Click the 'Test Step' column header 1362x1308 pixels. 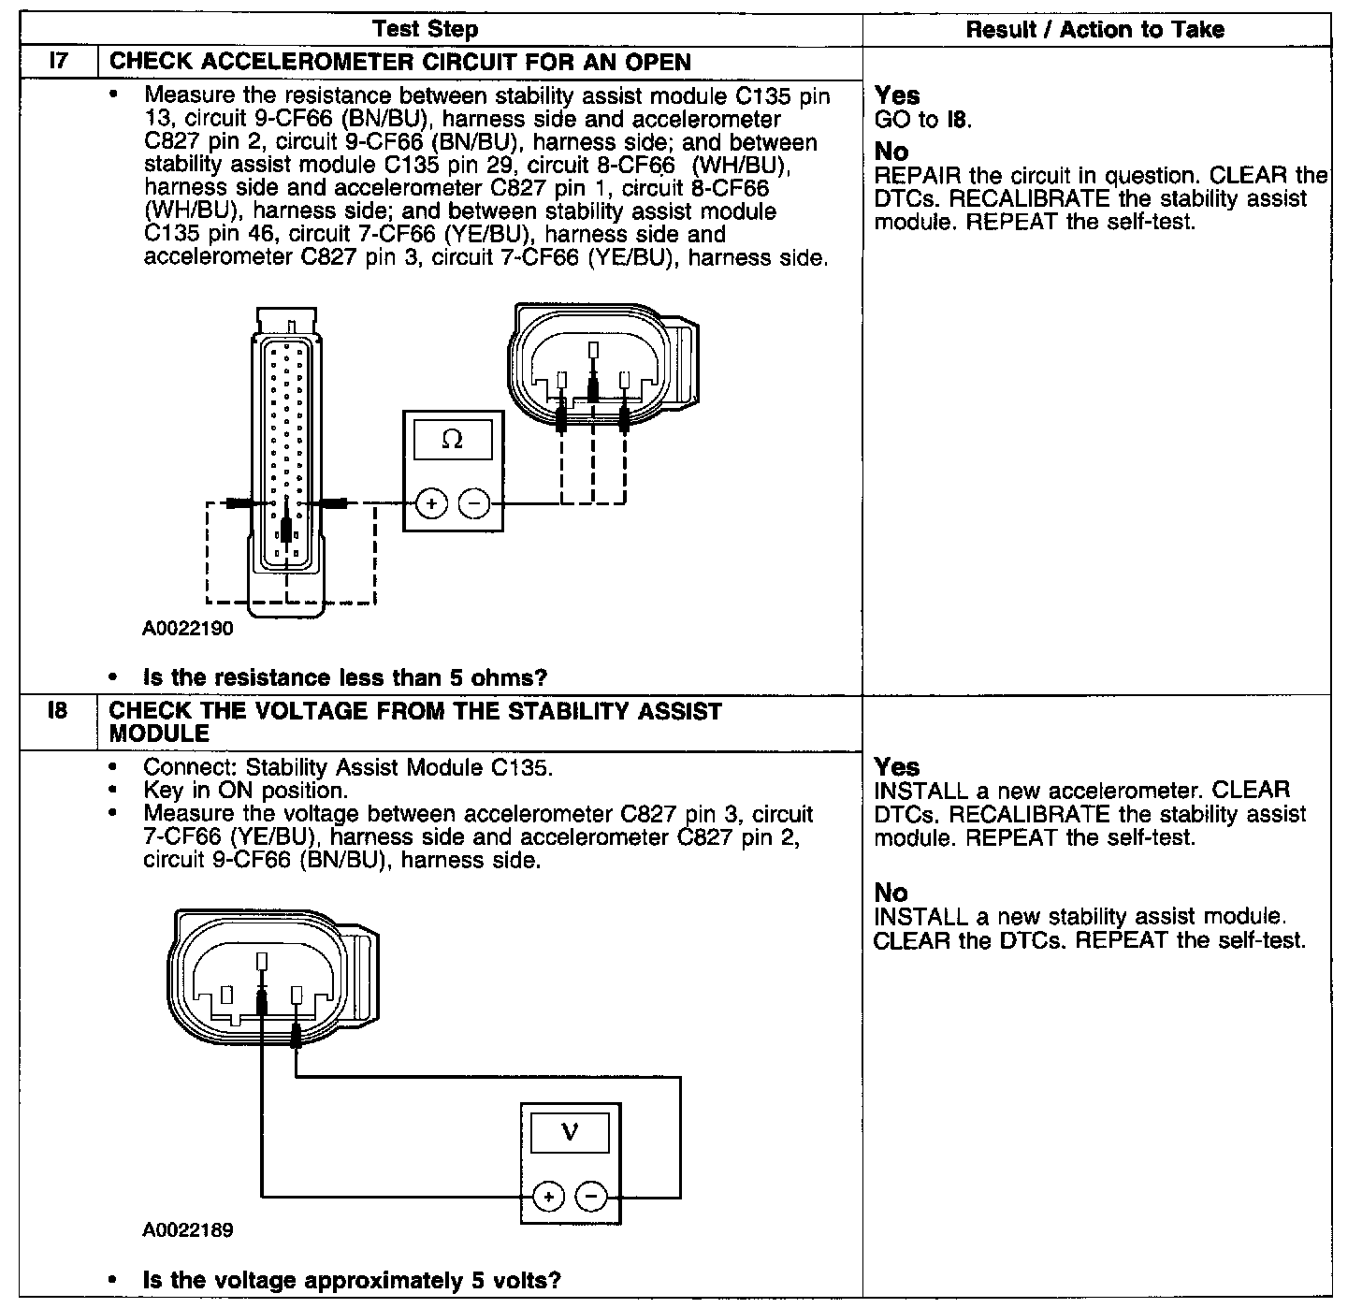coord(425,29)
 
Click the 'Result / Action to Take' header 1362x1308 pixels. coord(1094,30)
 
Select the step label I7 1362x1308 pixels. coord(59,63)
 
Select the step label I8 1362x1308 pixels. coord(58,712)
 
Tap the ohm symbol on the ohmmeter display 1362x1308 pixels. coord(452,440)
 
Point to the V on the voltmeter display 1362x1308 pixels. coord(570,1133)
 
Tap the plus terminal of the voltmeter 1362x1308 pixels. coord(548,1196)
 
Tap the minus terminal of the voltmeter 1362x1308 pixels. coord(590,1196)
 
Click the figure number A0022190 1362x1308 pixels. coord(188,628)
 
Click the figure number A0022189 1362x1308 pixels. coord(188,1229)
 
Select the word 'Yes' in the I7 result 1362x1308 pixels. coord(896,95)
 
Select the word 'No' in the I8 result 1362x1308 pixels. coord(891,892)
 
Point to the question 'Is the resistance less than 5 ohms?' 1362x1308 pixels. coord(344,677)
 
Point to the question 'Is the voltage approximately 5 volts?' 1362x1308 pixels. coord(352,1280)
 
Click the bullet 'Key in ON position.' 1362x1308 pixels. coord(245,791)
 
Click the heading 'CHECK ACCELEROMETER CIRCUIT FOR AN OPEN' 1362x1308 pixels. coord(400,63)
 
